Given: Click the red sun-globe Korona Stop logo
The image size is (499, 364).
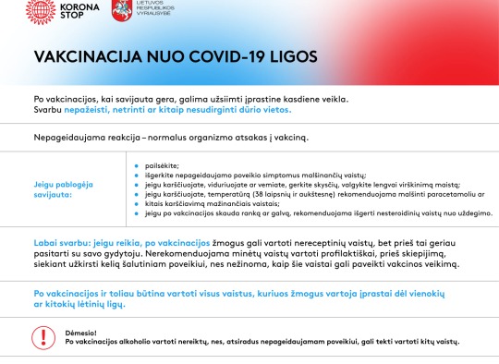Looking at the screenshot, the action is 41,11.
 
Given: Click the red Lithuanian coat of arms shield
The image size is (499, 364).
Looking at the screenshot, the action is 122,10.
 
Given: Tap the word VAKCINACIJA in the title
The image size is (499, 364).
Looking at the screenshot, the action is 88,56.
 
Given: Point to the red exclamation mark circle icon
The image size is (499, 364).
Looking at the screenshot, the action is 43,337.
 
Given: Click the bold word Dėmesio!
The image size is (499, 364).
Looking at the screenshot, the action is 80,333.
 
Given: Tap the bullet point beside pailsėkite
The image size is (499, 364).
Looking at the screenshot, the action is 137,165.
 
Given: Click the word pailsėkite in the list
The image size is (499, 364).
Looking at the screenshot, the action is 162,165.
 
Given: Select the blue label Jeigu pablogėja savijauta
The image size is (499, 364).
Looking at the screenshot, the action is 64,189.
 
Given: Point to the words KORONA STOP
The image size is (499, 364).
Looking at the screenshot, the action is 79,11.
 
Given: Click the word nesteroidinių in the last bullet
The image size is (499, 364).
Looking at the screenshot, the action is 397,213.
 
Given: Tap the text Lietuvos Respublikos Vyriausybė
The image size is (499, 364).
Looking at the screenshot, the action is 155,7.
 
